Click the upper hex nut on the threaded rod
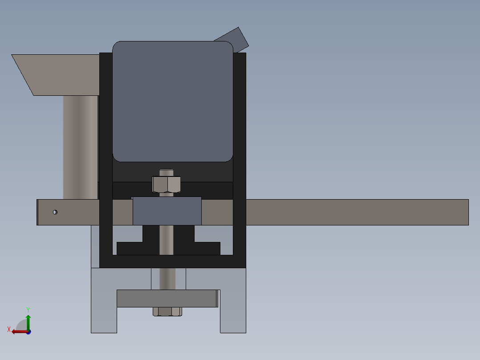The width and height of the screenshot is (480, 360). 166,184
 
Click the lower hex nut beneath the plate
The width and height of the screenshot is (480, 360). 167,311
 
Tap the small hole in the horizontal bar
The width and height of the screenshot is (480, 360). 55,212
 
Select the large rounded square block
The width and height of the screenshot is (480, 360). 173,101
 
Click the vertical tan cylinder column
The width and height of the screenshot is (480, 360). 80,147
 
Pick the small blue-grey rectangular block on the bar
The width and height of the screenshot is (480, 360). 167,211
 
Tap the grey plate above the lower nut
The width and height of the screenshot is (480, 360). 167,299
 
